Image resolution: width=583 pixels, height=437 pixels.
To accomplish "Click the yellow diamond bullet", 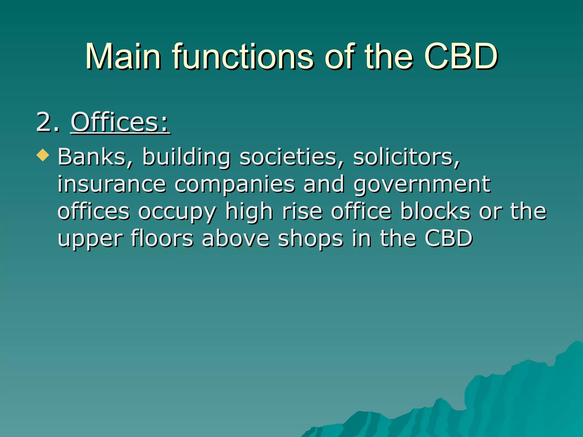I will [43, 155].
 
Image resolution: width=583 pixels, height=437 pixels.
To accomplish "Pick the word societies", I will [292, 157].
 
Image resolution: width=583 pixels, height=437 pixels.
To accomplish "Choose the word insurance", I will [112, 184].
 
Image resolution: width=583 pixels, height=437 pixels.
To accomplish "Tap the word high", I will [249, 212].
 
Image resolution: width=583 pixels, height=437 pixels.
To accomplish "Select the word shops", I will [311, 239].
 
